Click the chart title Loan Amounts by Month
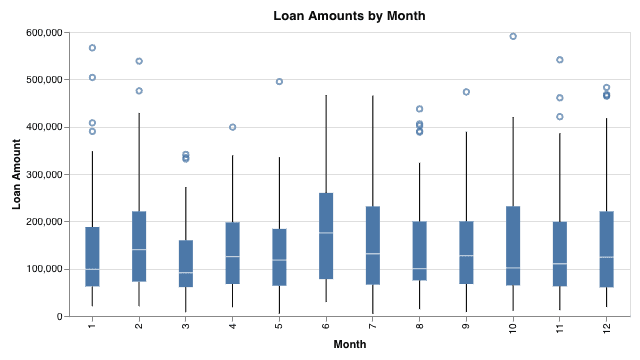tap(349, 16)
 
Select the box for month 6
tap(326, 236)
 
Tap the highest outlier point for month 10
tap(513, 36)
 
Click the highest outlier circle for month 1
tap(92, 48)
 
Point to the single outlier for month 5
tap(279, 82)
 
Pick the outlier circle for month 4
tap(233, 127)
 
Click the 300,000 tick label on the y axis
tap(44, 175)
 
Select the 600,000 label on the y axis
tap(44, 33)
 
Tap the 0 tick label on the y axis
tap(60, 317)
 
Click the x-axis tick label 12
tap(607, 327)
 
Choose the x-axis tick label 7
tap(373, 325)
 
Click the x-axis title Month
tap(350, 344)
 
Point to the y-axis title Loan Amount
tap(16, 174)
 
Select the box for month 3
tap(186, 264)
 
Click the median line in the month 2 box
tap(139, 249)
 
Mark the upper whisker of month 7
tap(373, 151)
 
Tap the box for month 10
tap(513, 246)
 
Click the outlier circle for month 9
tap(466, 92)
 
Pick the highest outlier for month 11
tap(560, 60)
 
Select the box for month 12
tap(607, 249)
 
